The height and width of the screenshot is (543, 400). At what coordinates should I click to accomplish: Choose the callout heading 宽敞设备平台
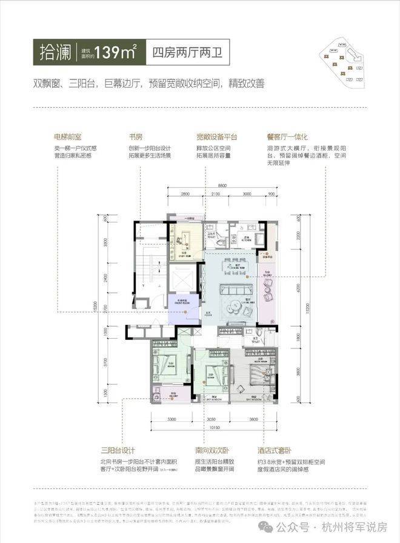click(x=216, y=137)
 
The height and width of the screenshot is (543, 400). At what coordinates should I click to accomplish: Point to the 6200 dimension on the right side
click(x=298, y=284)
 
